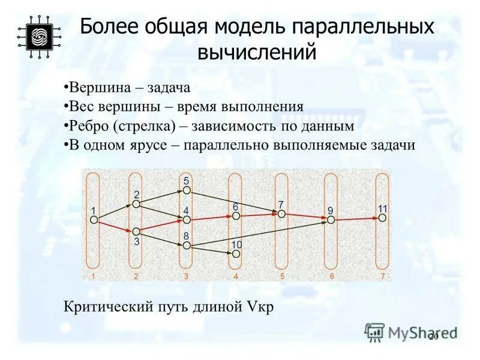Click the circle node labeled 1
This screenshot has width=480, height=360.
pos(94,220)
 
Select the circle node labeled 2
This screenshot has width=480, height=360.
pos(136,205)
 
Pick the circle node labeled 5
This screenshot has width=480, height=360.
pos(187,190)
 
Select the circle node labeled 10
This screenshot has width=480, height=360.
pos(236,254)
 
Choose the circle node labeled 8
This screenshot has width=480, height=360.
pos(187,245)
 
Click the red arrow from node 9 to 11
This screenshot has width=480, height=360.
pos(356,220)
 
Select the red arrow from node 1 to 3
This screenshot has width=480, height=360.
pos(115,226)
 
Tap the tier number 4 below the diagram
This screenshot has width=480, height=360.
pos(236,277)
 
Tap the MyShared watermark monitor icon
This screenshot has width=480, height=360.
pos(374,332)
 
